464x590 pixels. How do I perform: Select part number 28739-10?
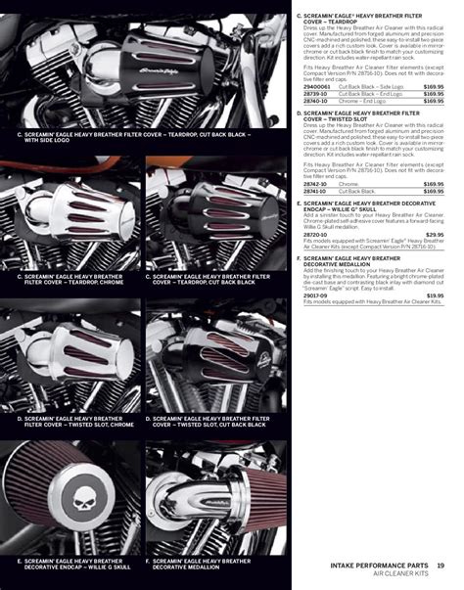314,94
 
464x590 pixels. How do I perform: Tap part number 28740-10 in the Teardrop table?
314,101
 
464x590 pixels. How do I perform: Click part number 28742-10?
314,183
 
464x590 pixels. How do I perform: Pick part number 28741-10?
314,191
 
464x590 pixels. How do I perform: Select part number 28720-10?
314,235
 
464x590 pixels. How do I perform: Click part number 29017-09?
314,295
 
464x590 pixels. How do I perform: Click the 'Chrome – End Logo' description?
363,101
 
